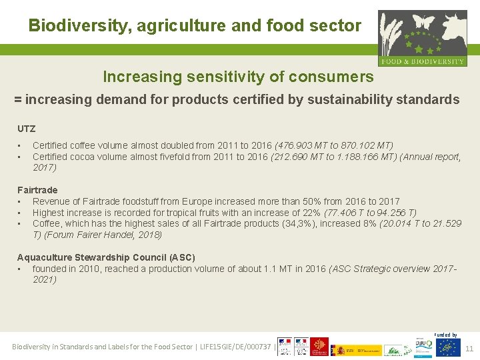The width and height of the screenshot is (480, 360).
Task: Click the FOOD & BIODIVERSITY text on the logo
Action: coord(423,61)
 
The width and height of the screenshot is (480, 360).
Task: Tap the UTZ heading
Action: coord(26,129)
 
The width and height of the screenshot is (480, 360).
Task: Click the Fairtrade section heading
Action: coord(37,190)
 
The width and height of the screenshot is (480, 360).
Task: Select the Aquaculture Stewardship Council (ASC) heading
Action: coord(106,257)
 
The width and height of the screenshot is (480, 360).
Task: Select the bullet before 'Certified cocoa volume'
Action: coord(20,157)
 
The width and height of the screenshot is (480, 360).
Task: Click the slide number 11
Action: coord(469,348)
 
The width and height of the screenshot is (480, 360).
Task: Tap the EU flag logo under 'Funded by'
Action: coord(448,347)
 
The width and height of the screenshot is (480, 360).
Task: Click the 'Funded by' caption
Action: coord(446,335)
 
